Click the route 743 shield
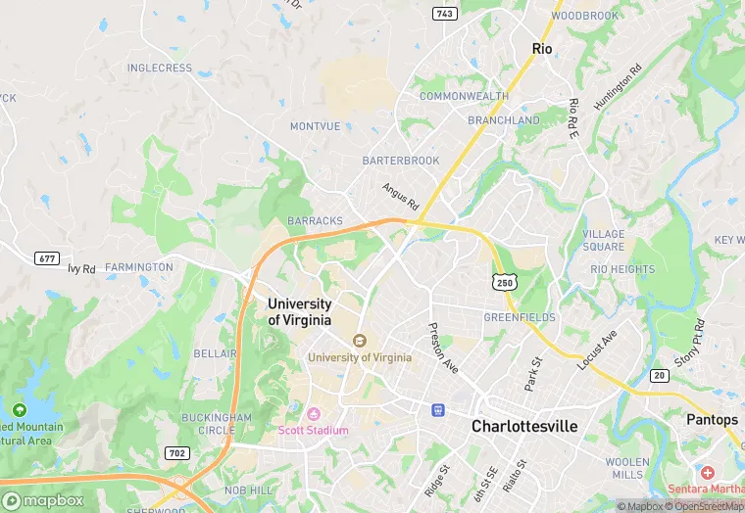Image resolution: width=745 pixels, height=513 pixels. (445, 13)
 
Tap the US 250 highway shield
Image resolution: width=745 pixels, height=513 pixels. (504, 281)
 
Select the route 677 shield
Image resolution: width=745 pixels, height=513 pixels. (46, 258)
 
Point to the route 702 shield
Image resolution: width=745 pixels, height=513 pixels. (177, 452)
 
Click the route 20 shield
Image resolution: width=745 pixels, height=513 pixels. (659, 375)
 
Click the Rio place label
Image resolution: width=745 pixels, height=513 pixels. (542, 48)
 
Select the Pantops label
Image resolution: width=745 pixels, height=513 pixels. (713, 419)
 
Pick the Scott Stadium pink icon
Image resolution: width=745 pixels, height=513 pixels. (315, 413)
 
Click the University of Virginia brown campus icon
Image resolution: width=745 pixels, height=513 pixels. (360, 341)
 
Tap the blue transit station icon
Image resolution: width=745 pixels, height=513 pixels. (438, 410)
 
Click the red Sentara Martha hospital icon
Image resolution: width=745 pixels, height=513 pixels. (708, 473)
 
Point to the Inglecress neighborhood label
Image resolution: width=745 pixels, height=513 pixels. (160, 68)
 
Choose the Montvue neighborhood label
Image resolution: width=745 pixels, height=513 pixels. (316, 126)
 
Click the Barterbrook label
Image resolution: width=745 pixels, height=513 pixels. (400, 160)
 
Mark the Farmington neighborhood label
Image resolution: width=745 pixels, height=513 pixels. (138, 266)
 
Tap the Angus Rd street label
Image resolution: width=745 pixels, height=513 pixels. (400, 197)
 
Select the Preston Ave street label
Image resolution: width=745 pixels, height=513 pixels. (443, 348)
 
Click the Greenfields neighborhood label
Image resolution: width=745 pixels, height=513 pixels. (519, 317)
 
